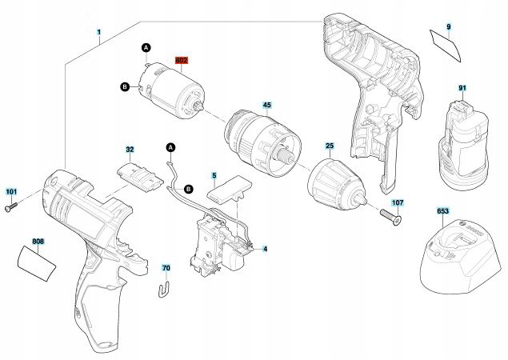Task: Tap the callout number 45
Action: click(x=266, y=105)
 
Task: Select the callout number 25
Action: click(x=329, y=146)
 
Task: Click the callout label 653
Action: click(x=442, y=211)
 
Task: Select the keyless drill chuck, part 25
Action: click(x=332, y=182)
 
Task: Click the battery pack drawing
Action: click(x=463, y=141)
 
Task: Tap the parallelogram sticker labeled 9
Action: click(x=448, y=45)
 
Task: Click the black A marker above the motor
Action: click(x=146, y=49)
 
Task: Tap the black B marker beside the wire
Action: click(x=189, y=189)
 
